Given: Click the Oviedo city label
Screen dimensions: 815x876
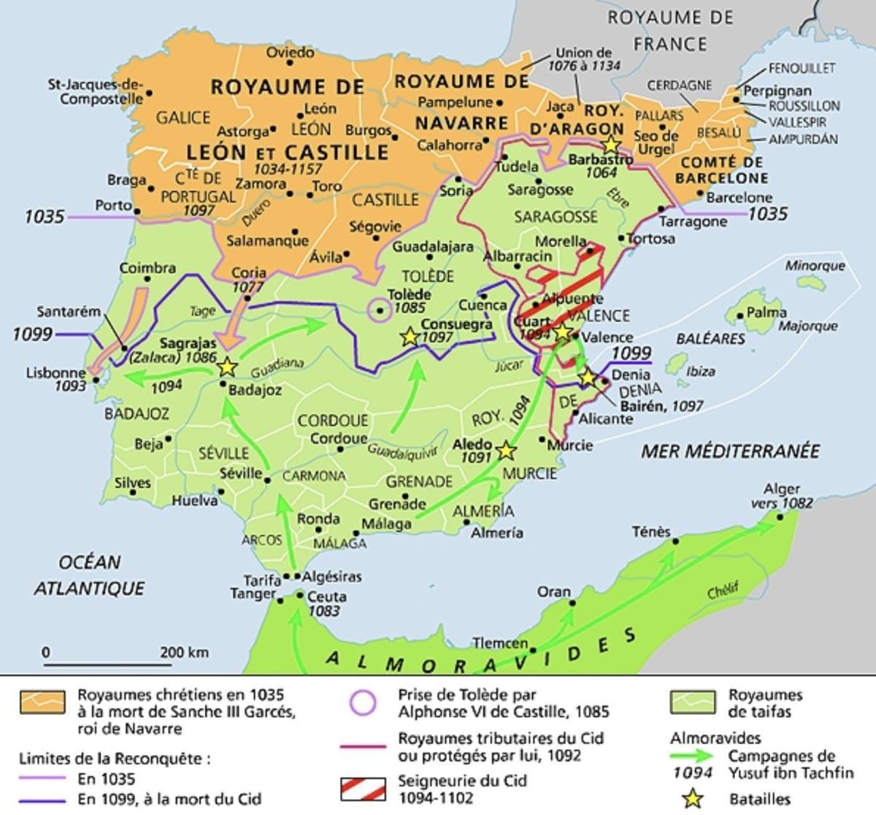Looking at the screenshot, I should pos(290,53).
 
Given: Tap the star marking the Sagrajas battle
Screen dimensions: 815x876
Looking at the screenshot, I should pos(227,367).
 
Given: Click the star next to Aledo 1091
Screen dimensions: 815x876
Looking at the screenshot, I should pos(505,451).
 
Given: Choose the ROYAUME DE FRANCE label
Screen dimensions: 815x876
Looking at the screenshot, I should pos(669,30).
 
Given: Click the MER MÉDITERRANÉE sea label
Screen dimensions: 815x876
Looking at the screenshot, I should pos(730,451).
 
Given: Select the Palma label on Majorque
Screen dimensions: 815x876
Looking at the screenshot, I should pos(766,313).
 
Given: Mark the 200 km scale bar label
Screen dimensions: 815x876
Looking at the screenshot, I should pos(184,652).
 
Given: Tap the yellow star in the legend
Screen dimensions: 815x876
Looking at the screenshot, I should pos(692,799).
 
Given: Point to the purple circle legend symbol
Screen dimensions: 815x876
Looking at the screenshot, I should pos(363,703).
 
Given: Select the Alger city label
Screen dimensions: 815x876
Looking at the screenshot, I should pos(781,489).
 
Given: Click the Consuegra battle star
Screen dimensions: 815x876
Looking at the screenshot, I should pos(410,337).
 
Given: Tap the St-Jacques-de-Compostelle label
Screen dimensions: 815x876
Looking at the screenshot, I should pos(96,91).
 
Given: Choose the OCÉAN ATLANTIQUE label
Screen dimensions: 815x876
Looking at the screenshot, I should pos(89,575).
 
